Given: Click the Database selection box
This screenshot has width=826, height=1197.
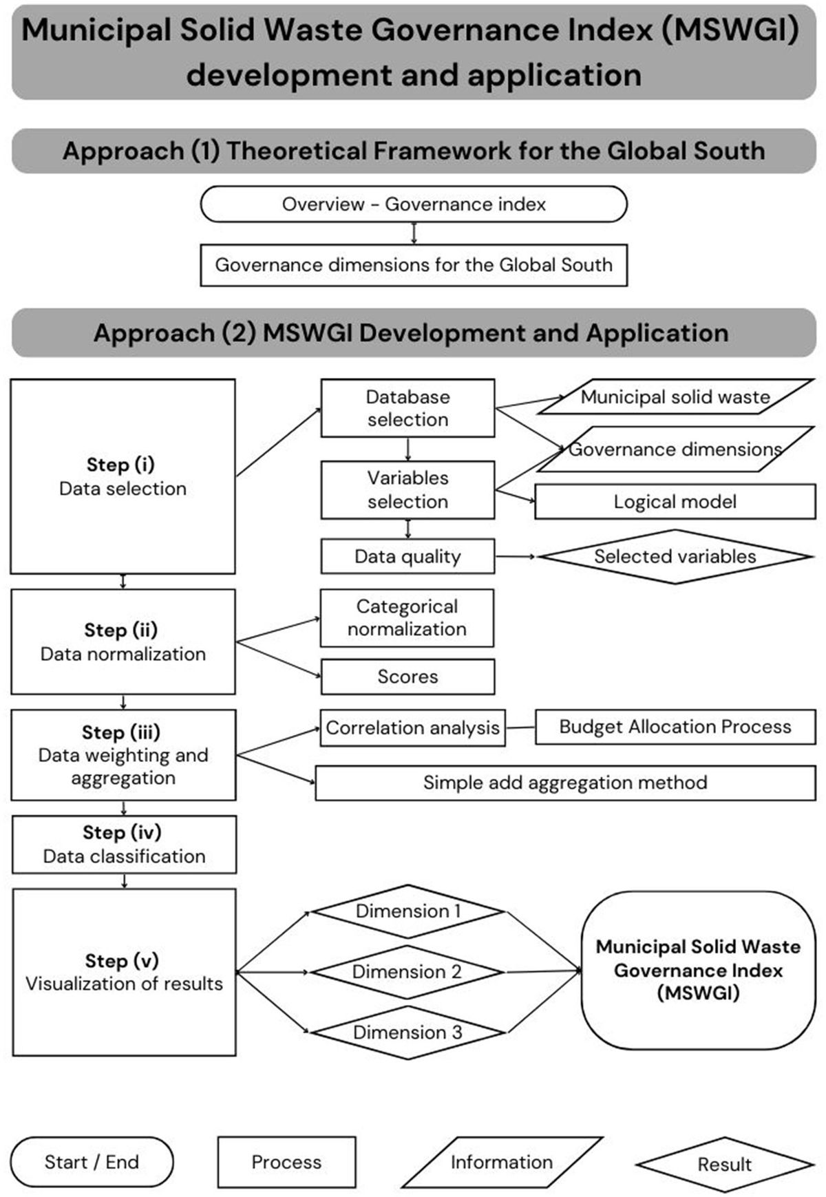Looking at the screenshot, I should click(x=407, y=408).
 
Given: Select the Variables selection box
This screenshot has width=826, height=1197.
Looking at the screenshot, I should click(x=407, y=489).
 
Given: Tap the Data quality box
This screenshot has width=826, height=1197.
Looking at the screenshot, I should click(x=407, y=556).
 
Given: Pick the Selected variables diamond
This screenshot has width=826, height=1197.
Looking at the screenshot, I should click(x=675, y=556).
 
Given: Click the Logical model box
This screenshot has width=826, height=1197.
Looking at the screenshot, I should click(x=675, y=502).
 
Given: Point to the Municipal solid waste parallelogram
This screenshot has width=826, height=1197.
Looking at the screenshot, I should click(x=675, y=396).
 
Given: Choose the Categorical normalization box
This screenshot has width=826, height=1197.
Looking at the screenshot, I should click(x=407, y=617).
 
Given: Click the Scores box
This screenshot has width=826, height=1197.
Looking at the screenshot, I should click(x=407, y=677).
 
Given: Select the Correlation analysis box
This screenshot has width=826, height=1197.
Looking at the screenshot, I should click(x=412, y=728).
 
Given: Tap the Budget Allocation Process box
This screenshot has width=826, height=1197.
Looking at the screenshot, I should click(x=675, y=727).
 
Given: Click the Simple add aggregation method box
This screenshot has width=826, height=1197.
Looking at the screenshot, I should click(x=565, y=783).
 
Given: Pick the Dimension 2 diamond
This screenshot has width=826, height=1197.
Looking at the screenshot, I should click(x=407, y=972).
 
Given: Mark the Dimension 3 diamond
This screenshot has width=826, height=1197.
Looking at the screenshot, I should click(x=407, y=1032).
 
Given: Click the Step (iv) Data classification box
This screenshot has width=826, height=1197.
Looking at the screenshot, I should click(x=124, y=845).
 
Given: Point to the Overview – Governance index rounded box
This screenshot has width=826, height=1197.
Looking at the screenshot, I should click(x=414, y=204).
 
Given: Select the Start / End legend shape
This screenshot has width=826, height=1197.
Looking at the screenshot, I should click(x=92, y=1162).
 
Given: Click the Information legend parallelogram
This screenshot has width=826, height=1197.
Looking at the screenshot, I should click(x=502, y=1162).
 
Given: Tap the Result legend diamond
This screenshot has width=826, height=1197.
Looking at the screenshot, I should click(x=725, y=1164).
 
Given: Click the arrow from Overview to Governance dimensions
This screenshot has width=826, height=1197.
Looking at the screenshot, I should click(x=414, y=233).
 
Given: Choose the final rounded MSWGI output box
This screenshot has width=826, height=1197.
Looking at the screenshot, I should click(x=698, y=970).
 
